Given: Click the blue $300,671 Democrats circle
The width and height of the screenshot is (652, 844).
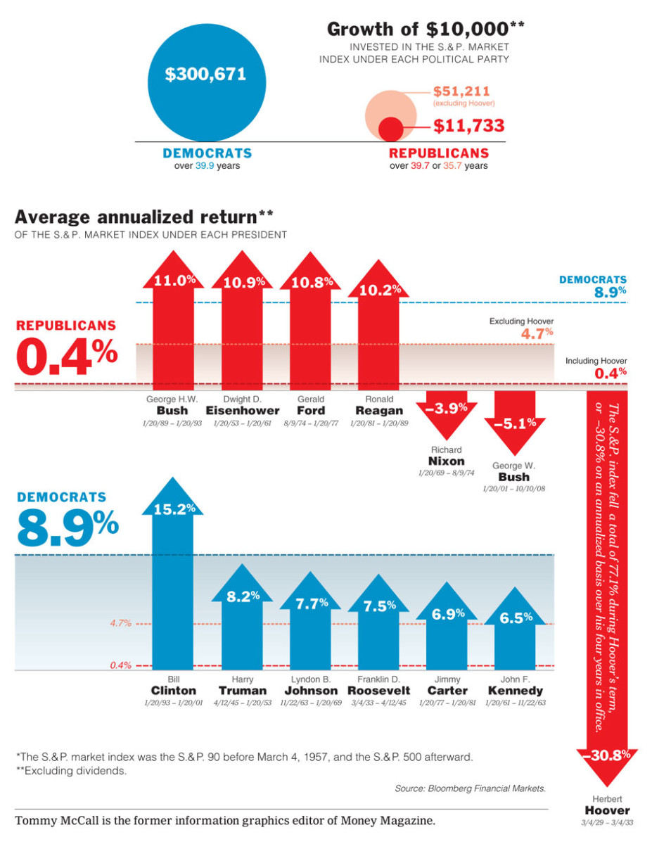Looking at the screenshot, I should click(x=205, y=80).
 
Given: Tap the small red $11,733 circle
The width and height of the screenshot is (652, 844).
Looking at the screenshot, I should click(x=391, y=129).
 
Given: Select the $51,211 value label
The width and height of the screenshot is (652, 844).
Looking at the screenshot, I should click(x=461, y=91).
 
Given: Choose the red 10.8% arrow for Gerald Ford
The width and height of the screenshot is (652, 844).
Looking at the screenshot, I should click(x=311, y=324).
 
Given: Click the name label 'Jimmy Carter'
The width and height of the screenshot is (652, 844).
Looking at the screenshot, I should click(x=447, y=686).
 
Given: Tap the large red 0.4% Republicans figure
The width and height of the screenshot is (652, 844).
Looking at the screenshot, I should click(x=66, y=357).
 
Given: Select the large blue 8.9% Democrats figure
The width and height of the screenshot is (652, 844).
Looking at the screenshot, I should click(x=68, y=527).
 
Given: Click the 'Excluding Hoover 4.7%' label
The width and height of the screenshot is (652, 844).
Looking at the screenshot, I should click(x=521, y=328).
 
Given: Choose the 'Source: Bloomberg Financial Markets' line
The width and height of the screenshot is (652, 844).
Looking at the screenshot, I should click(x=470, y=789).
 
